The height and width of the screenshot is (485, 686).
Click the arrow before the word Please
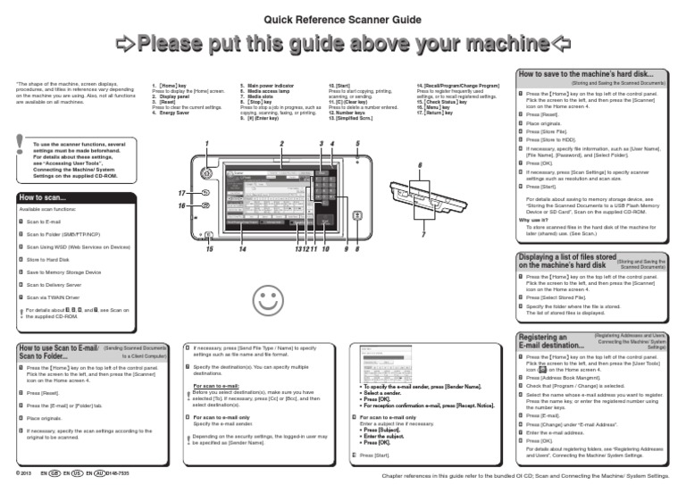[126, 44]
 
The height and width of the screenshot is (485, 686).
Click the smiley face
[266, 302]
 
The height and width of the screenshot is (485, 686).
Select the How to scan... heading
[41, 197]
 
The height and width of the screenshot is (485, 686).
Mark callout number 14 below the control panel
[241, 249]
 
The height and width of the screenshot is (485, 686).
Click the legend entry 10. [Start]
[339, 85]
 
